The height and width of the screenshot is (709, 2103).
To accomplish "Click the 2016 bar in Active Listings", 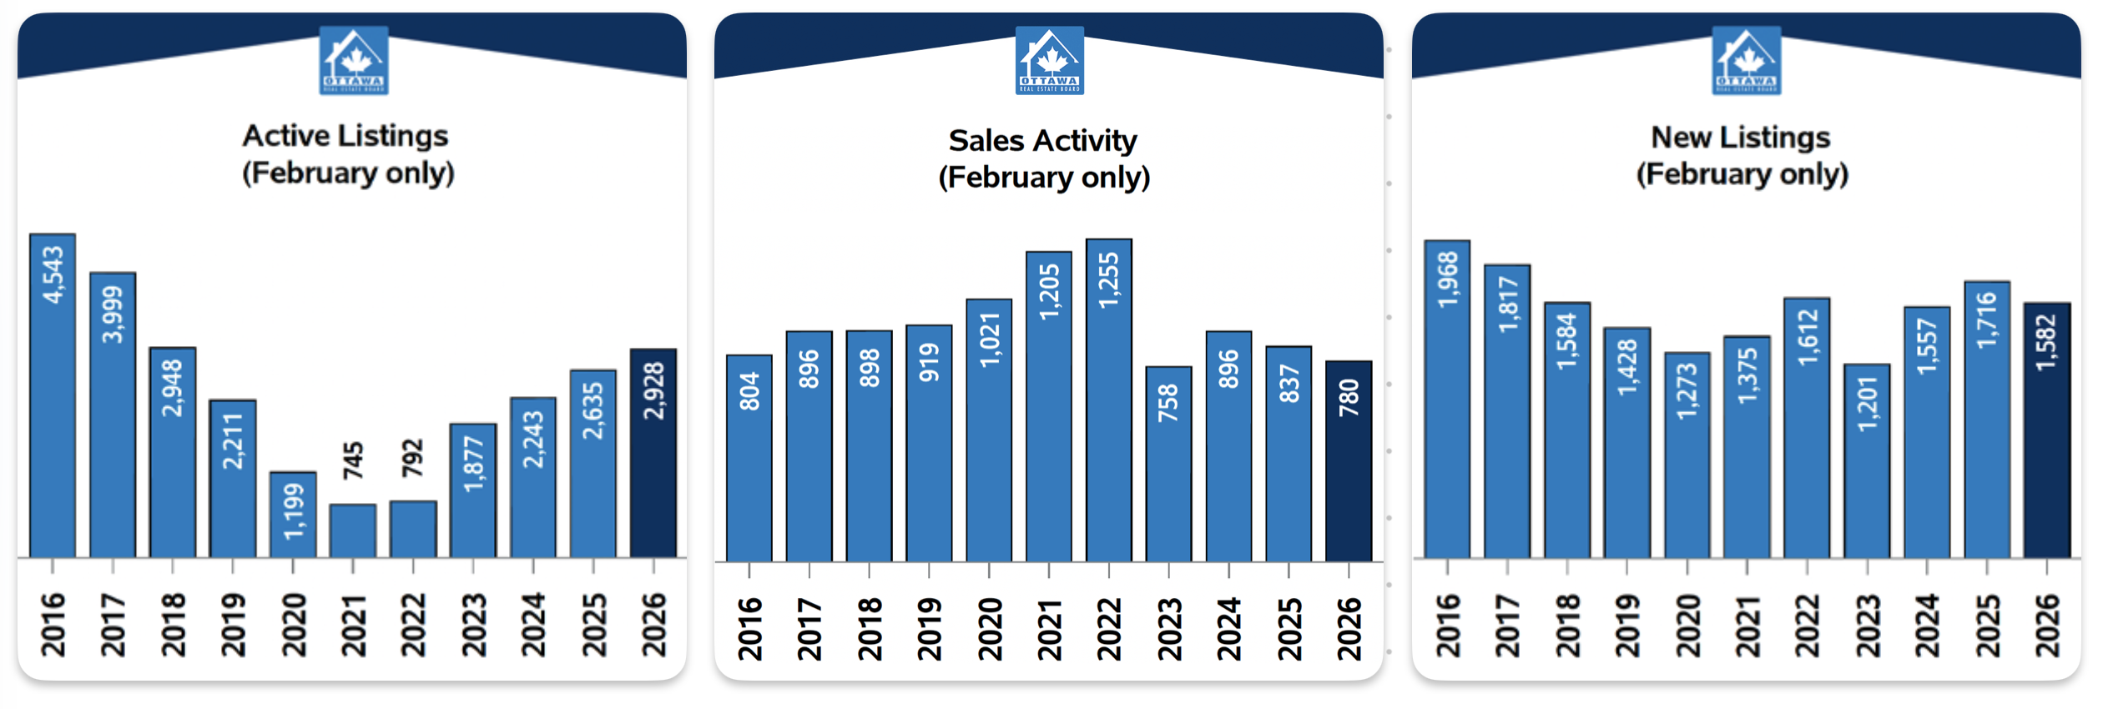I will pos(53,395).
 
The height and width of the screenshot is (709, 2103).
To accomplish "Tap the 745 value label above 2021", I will pos(353,460).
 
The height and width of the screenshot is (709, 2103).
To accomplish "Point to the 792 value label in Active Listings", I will pos(413,459).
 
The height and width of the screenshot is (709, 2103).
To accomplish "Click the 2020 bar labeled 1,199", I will pos(293,514).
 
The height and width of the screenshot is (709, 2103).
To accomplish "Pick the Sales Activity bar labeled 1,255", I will pos(1109,400).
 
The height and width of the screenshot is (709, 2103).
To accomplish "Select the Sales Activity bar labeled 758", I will pos(1168,464).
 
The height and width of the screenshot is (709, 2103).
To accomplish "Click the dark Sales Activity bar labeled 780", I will pos(1349,461).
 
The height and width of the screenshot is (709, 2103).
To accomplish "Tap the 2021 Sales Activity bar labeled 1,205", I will pos(1049,406).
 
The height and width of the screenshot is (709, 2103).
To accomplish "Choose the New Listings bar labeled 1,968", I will pos(1447,399).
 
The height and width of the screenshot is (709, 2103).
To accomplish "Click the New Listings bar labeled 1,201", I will pos(1867,460).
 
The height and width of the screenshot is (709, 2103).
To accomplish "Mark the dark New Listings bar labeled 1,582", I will pos(2047,430).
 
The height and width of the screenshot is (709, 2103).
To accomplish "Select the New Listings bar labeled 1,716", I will pos(1987,419).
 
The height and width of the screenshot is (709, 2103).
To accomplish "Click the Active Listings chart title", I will pos(347,154).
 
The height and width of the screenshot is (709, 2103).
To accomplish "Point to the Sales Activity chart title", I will pos(1044,158).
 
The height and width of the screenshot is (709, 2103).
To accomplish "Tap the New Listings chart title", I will pos(1742,155).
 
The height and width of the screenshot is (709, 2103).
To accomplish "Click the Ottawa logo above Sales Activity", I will pos(1050,60).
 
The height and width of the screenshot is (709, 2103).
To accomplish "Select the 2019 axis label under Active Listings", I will pos(233,625).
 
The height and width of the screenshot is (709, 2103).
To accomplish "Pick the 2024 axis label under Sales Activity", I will pos(1229,629).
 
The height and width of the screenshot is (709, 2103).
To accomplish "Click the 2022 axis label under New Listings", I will pos(1807,626).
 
